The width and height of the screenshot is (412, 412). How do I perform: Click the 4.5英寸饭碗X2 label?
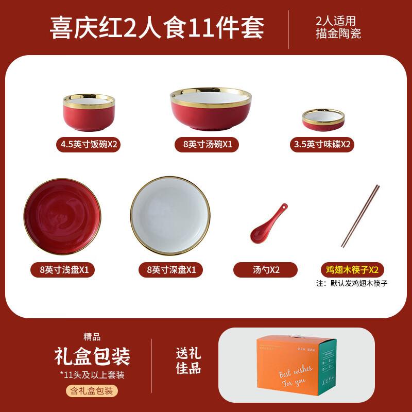(89, 145)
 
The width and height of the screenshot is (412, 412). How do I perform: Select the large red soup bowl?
(211, 111)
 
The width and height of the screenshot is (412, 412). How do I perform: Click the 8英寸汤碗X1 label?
(208, 145)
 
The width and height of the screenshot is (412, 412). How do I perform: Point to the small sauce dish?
(323, 120)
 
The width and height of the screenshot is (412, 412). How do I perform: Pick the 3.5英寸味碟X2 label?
(322, 145)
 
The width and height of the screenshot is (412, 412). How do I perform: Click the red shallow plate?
(62, 216)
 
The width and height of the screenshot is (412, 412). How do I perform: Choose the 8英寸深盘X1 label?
(170, 269)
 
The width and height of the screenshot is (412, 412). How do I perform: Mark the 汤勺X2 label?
(265, 269)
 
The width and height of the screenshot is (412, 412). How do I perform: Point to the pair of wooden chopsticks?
(360, 216)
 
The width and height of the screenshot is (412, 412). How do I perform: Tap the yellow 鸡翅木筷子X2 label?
(352, 269)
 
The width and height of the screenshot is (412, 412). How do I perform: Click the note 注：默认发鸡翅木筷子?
(352, 283)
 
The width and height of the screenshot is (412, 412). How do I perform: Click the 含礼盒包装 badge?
(92, 391)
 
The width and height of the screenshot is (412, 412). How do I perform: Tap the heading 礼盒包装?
(92, 356)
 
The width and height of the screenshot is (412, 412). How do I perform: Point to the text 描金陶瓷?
(338, 34)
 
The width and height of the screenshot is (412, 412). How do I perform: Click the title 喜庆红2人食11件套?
(157, 27)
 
